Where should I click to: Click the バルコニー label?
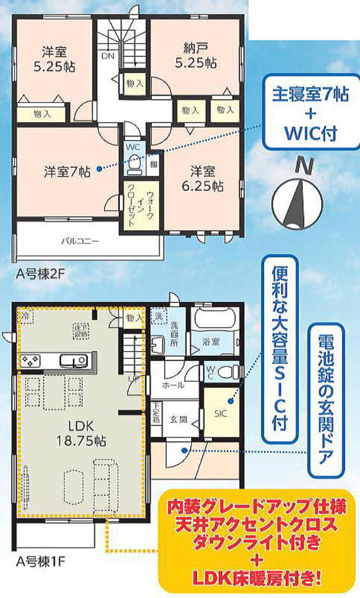point(80,241)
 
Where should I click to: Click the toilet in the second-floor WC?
point(134,165)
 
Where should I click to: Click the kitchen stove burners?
point(29,361)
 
